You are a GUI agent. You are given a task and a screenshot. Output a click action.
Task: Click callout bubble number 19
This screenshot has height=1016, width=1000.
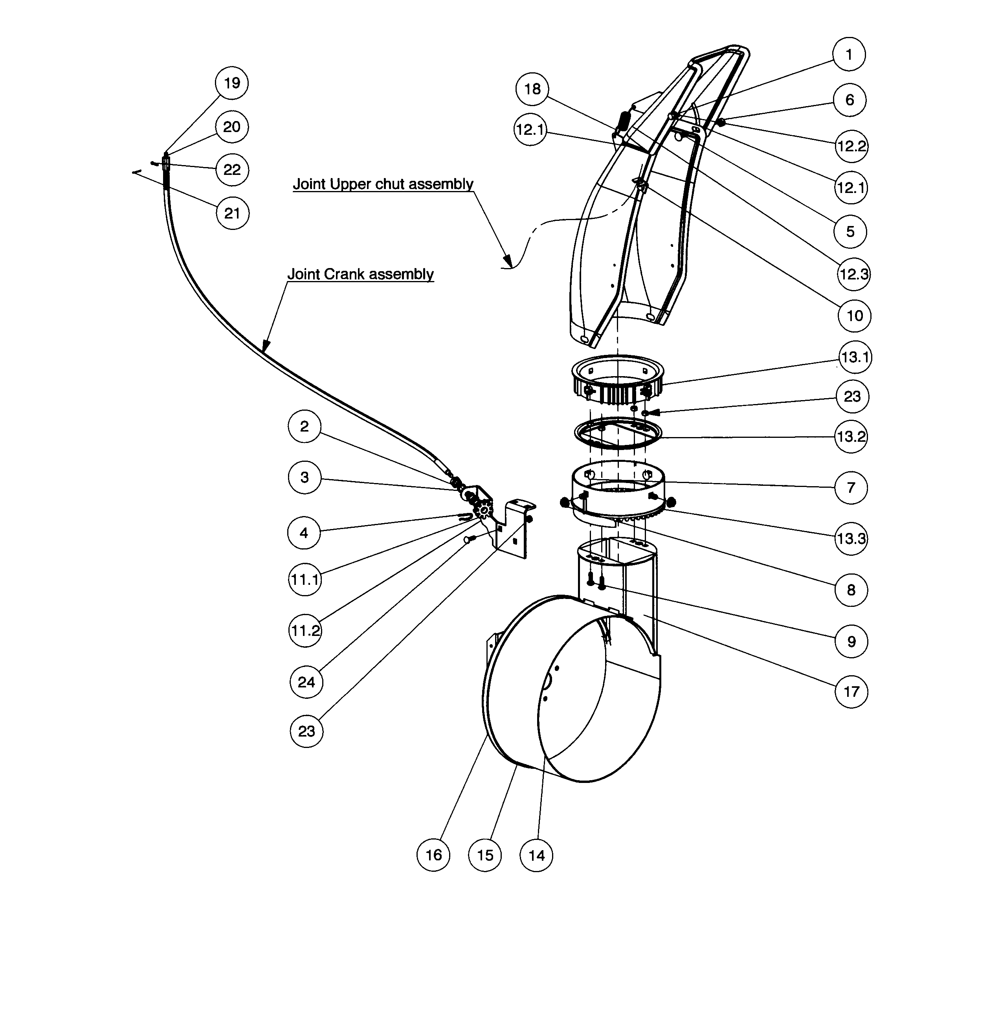(x=231, y=83)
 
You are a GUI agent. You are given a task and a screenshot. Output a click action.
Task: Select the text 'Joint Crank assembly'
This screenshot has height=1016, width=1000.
(x=360, y=274)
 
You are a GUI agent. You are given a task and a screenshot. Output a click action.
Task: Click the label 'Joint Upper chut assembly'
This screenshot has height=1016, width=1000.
(x=383, y=184)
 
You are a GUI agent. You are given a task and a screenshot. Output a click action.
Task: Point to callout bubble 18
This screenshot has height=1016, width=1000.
(x=532, y=89)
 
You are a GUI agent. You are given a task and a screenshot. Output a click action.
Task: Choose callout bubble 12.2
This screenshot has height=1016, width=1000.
(x=851, y=146)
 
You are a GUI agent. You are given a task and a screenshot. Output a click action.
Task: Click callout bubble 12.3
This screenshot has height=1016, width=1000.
(x=853, y=274)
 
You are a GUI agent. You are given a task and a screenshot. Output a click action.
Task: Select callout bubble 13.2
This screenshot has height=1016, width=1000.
(x=851, y=437)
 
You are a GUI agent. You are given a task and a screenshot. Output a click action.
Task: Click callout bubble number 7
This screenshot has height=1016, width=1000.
(x=851, y=487)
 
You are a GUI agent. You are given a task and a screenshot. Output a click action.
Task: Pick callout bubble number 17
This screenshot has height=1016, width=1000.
(x=851, y=691)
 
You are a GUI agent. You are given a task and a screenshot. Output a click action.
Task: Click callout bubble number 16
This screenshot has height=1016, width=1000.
(x=433, y=855)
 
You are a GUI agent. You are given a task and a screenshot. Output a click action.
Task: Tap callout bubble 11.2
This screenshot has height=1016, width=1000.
(x=305, y=630)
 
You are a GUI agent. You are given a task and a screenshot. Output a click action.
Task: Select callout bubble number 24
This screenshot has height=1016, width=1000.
(x=306, y=682)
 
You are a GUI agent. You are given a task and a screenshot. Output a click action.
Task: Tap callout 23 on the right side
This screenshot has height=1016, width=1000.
(x=851, y=396)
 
